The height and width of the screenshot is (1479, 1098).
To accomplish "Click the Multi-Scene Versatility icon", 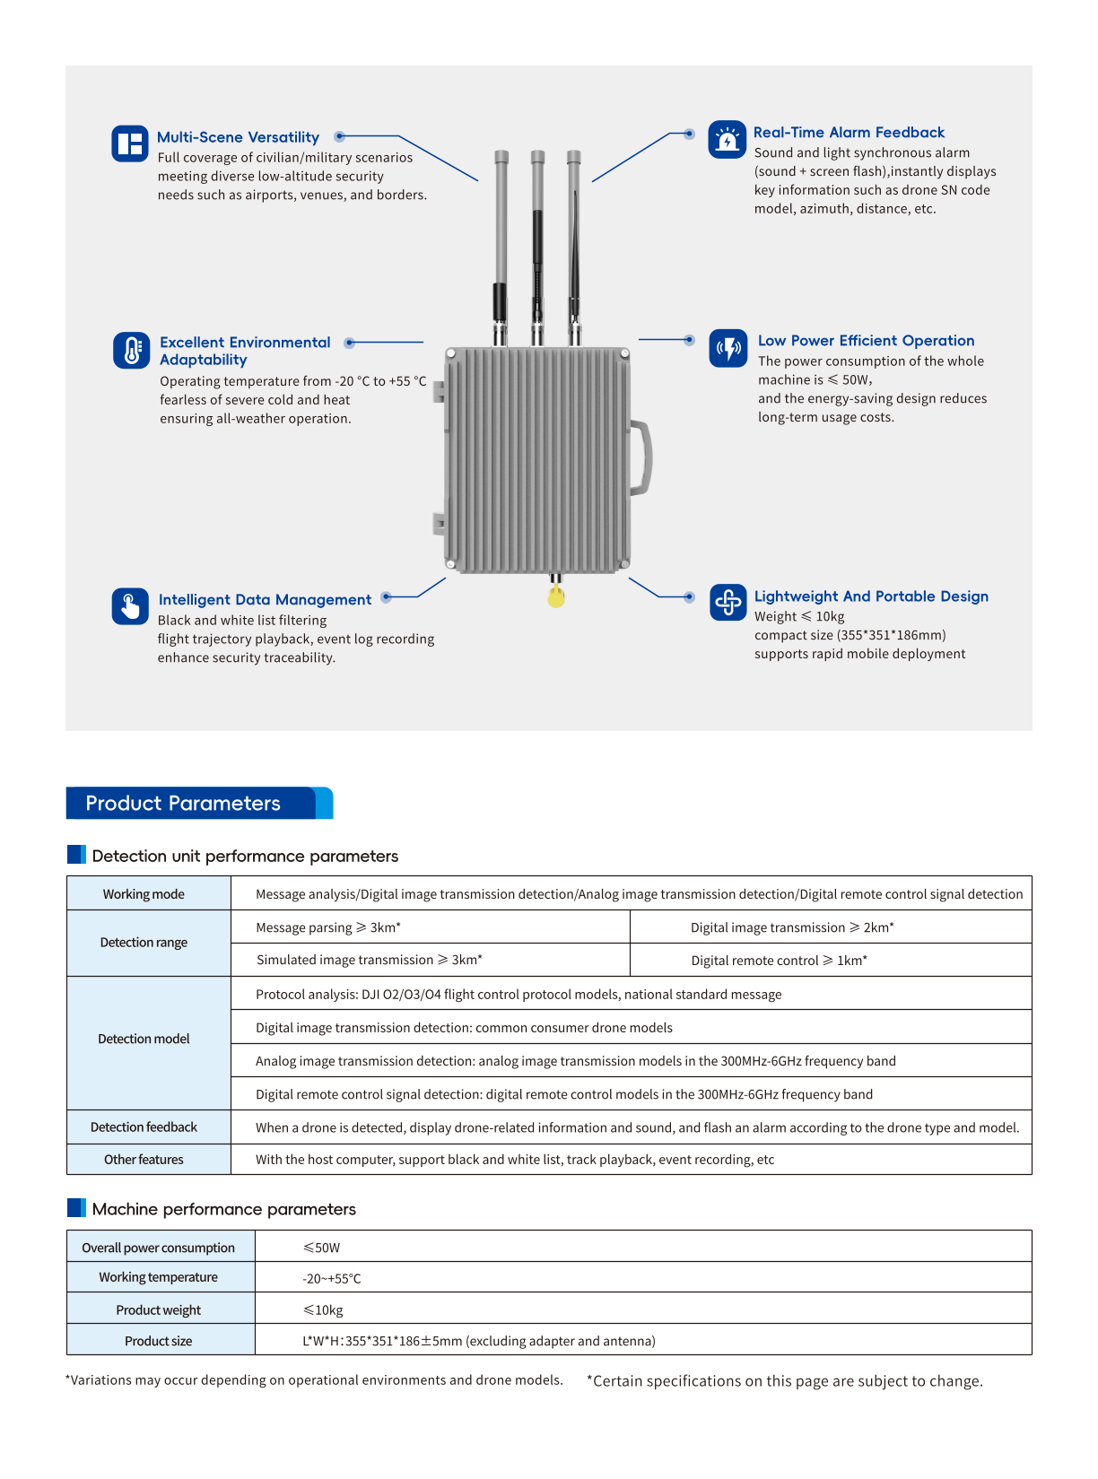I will coord(130,144).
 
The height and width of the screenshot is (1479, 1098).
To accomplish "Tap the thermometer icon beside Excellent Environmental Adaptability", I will coord(131,351).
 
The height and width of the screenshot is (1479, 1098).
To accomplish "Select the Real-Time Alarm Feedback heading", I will coord(849,133).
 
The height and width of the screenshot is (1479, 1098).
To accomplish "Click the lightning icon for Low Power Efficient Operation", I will coord(728,348).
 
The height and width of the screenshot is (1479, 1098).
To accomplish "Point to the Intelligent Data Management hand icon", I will coord(130,606).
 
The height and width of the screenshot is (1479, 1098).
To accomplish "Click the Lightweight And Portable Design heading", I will coord(871,596).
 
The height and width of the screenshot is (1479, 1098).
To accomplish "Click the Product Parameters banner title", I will coord(183,804).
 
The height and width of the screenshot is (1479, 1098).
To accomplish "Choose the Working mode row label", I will coord(144,894).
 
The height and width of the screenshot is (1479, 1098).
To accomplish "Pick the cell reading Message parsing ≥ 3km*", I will coord(328,927).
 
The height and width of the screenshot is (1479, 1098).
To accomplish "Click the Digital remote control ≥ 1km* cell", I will coord(779,961).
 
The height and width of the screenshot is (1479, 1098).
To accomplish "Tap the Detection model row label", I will coord(144,1039).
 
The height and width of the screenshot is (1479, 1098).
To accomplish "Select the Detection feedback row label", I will coord(144,1127).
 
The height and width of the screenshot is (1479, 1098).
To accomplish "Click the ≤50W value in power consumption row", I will coord(321,1248).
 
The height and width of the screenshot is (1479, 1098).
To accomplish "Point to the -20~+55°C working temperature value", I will coord(332,1279).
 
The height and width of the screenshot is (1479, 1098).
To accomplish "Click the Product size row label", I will coord(159,1341).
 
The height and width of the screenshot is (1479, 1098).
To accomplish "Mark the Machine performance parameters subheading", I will coord(223,1209).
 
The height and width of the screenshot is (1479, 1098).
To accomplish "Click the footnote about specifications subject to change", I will coord(785,1381).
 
